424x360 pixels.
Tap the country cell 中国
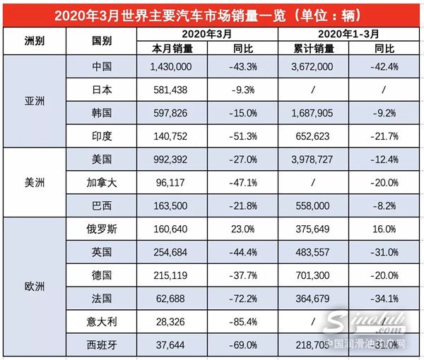click(103, 66)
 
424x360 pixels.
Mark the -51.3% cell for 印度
click(243, 136)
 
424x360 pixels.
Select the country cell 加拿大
click(103, 182)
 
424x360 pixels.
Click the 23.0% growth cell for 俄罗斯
click(243, 229)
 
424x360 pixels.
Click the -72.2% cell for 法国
click(243, 299)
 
